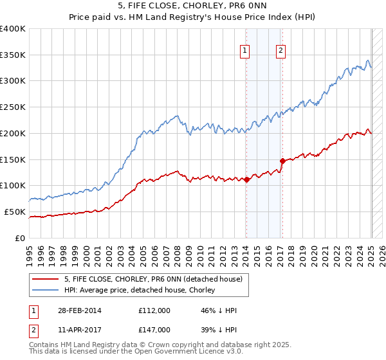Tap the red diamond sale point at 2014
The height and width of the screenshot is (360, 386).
246,180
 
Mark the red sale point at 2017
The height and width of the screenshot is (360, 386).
282,161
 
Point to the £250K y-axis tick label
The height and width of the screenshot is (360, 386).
13,107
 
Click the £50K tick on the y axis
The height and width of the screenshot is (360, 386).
15,212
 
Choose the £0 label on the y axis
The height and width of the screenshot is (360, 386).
21,238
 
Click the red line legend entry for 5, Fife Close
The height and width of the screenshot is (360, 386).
153,279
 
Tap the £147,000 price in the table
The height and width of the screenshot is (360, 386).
154,330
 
